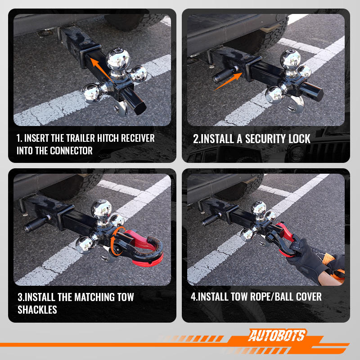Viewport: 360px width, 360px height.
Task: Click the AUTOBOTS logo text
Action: [277, 335]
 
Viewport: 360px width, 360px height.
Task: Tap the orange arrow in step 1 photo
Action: [101, 70]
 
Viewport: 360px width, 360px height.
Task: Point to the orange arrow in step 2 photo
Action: [228, 81]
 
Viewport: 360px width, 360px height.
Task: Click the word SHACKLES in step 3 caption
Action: [37, 310]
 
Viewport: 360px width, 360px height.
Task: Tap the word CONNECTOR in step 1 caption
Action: [71, 151]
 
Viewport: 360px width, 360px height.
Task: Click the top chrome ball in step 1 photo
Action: [118, 59]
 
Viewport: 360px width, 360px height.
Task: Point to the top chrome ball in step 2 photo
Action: [290, 59]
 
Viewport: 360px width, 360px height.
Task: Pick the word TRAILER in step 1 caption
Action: [81, 138]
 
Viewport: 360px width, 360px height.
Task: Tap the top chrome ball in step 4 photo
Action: [259, 208]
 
